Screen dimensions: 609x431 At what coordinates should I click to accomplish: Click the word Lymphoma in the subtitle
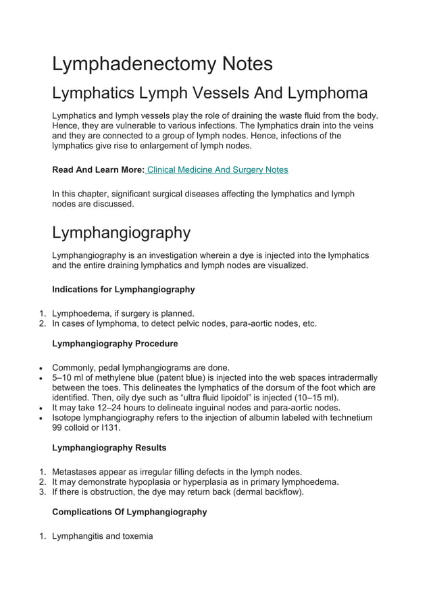[326, 92]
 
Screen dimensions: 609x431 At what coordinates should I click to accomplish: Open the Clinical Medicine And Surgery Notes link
[217, 169]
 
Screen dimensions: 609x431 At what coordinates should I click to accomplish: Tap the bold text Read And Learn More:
[98, 169]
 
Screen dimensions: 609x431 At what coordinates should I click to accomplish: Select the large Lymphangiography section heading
[121, 233]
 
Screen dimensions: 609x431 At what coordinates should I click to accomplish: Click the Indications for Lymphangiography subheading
[123, 290]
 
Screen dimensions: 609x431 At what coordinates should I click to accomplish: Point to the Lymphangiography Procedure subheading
[115, 344]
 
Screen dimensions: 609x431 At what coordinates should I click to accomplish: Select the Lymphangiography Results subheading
[109, 448]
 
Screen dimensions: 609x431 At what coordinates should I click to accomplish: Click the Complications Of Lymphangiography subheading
[129, 512]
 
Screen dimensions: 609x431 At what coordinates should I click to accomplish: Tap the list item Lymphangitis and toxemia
[102, 536]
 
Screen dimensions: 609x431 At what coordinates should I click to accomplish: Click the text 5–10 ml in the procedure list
[68, 378]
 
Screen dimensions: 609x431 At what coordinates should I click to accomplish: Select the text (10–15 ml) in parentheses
[313, 398]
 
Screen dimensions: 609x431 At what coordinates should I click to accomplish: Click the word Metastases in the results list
[77, 471]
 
